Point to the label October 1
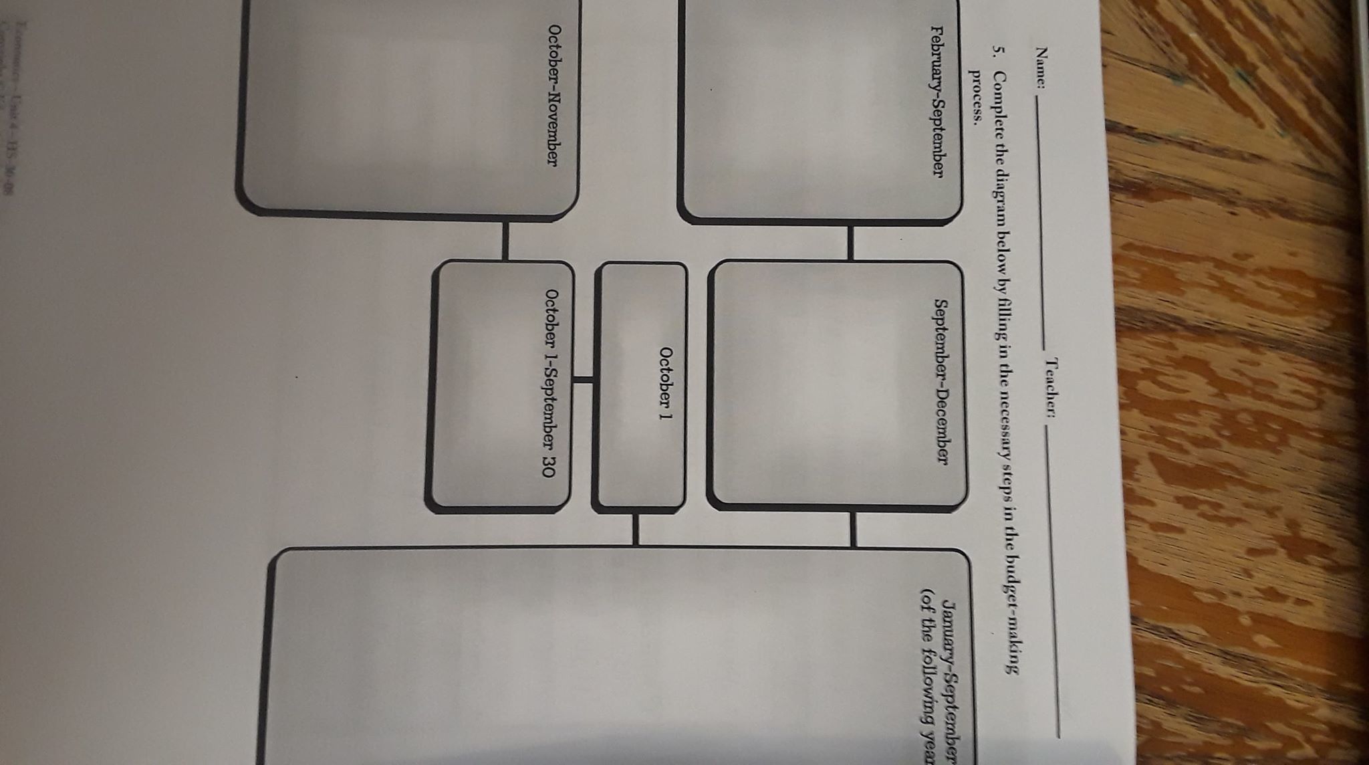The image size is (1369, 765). (x=665, y=386)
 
